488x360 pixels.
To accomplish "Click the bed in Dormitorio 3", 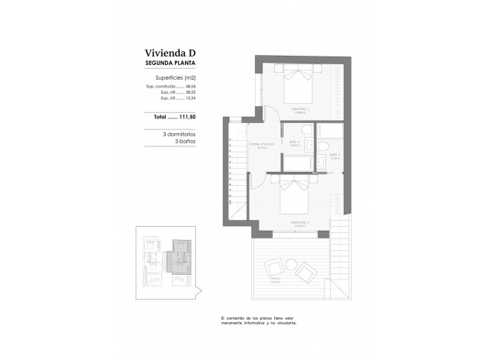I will coord(294,200).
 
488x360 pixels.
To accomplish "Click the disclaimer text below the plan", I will coord(258,321).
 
